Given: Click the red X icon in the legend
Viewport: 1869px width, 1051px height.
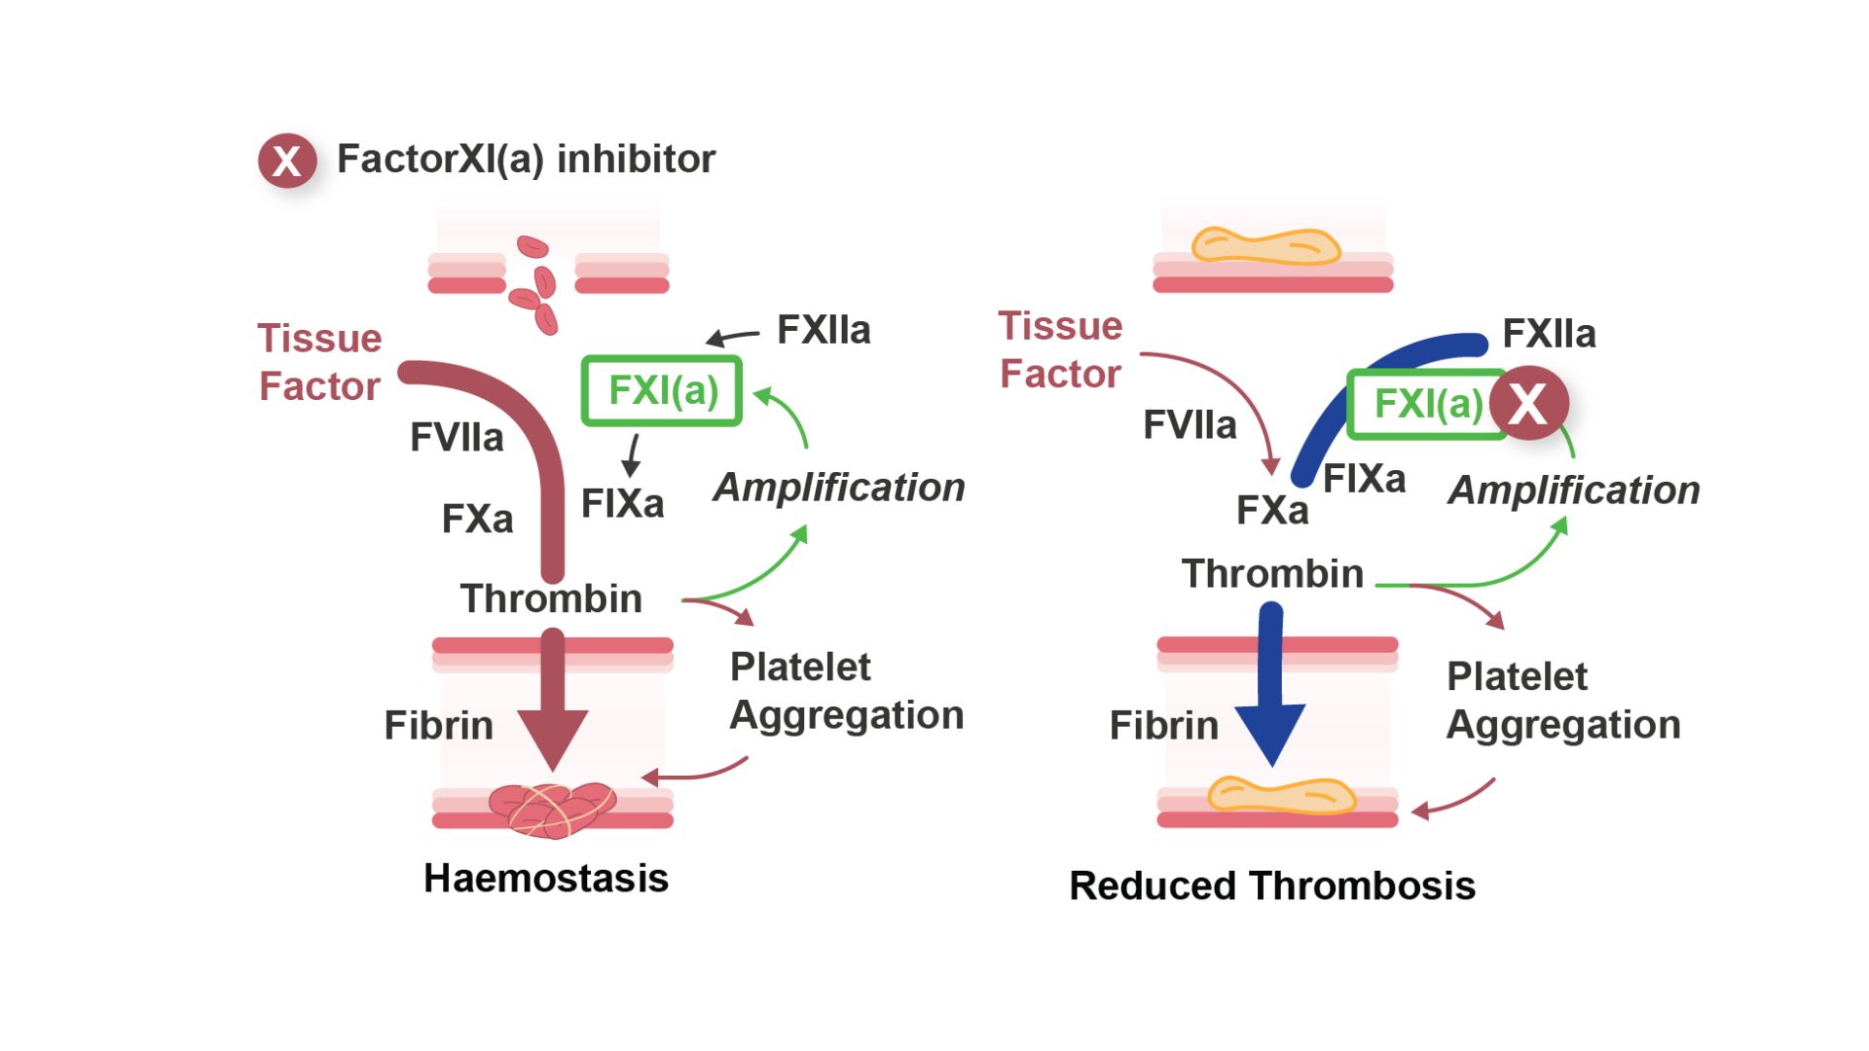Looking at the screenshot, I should [x=287, y=161].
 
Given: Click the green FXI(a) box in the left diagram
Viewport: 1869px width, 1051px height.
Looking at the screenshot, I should [x=662, y=391].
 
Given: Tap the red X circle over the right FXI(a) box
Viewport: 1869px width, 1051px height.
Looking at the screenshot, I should [x=1529, y=403].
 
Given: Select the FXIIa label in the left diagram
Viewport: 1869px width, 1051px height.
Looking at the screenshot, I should [x=824, y=331].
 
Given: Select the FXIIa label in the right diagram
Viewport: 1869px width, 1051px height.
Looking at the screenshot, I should [x=1549, y=335].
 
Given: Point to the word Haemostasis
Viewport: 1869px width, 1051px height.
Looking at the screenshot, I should [x=546, y=879].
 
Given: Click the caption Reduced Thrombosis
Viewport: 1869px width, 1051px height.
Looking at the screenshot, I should [x=1272, y=887].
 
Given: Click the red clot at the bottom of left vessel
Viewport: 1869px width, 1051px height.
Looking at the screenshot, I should [x=552, y=810].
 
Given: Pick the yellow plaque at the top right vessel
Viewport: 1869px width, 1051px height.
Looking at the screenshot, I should [x=1265, y=246].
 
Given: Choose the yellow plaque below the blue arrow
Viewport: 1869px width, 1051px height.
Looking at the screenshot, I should [x=1281, y=796].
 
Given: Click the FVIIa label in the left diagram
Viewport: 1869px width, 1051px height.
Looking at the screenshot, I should [x=457, y=438].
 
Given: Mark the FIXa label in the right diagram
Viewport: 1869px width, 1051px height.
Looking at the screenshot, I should [x=1365, y=479].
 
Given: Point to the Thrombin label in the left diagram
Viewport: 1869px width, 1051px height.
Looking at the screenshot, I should [x=551, y=598].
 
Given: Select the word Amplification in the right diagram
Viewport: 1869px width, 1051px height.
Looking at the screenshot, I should [x=1574, y=490].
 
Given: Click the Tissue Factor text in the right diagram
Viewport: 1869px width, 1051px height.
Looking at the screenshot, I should [x=1060, y=350].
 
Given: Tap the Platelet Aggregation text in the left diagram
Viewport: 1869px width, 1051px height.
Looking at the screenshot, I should [x=846, y=691].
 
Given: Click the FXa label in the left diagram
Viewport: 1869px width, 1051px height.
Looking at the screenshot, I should [x=477, y=520].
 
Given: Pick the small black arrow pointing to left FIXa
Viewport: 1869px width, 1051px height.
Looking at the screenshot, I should [x=633, y=455].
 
